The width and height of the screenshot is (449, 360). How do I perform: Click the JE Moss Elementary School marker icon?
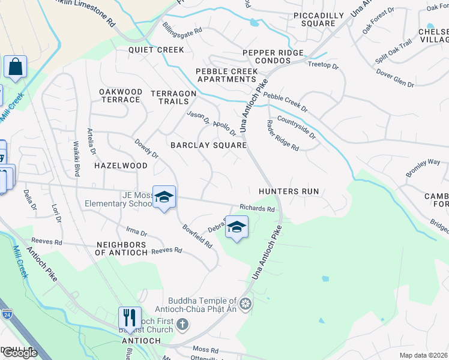(163, 197)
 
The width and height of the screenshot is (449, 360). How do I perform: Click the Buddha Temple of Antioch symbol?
(244, 305)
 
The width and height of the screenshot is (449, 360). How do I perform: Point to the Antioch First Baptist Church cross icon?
(182, 325)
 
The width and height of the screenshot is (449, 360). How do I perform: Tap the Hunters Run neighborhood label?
(288, 191)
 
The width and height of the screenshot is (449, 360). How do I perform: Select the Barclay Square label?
(208, 145)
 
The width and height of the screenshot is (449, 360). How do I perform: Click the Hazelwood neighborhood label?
(121, 165)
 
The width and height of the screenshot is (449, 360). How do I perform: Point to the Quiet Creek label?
(156, 50)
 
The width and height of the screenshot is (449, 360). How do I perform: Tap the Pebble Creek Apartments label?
(227, 75)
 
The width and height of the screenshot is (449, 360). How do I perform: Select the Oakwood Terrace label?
(121, 95)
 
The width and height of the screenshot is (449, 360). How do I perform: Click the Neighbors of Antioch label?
(121, 249)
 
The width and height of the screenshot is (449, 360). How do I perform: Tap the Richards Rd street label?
(257, 209)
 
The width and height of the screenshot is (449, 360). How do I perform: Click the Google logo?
(19, 353)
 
